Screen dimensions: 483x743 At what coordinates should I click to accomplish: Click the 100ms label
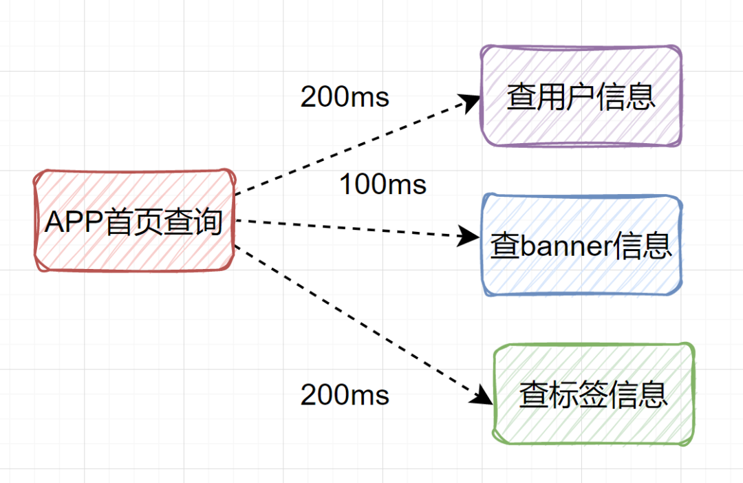[x=383, y=184]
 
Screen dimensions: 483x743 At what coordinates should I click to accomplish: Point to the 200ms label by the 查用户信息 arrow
[x=345, y=97]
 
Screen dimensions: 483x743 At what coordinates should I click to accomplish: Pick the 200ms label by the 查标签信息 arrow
[x=345, y=395]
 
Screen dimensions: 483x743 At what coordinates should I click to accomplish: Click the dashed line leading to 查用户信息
[x=351, y=148]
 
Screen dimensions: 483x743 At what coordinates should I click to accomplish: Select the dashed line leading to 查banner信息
[x=351, y=229]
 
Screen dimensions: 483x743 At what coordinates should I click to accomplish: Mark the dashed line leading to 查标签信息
[x=358, y=321]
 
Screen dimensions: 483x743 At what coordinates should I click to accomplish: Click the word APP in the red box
[x=74, y=222]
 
